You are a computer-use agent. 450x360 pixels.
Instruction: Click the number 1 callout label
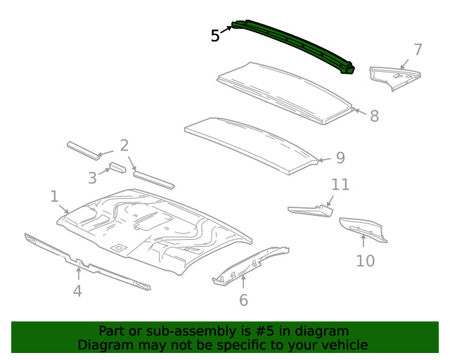click(54, 196)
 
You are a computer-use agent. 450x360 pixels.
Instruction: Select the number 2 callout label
click(124, 146)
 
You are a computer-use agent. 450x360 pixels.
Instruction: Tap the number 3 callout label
click(92, 178)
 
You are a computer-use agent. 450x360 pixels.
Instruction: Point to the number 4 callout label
click(77, 290)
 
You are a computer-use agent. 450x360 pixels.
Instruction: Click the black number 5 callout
click(215, 36)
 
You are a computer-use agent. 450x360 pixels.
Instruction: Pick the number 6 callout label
click(243, 300)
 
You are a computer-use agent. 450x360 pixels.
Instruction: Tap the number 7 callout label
click(418, 50)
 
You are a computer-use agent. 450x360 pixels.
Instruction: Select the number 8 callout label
click(374, 116)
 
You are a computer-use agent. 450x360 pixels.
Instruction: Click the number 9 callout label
click(340, 158)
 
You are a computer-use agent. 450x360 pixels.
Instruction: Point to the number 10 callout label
click(365, 261)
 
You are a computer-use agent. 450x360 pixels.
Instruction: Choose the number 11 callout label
click(340, 185)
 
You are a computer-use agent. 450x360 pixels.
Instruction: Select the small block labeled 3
click(116, 168)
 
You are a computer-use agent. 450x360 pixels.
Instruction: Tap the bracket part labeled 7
click(394, 76)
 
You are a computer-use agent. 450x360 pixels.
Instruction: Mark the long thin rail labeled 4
click(84, 262)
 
